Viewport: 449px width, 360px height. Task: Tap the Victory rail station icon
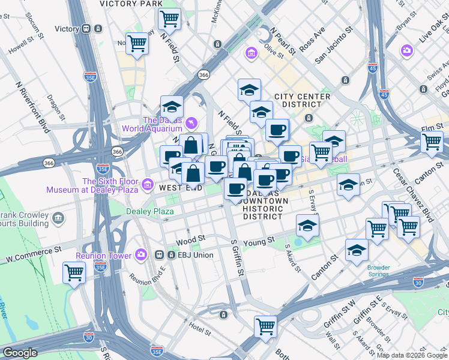click(x=86, y=29)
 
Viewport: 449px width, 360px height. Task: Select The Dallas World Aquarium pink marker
click(x=191, y=123)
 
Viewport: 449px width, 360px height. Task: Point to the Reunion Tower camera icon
click(x=141, y=255)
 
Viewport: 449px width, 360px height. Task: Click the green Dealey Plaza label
click(x=149, y=211)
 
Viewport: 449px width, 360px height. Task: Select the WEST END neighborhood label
click(x=179, y=188)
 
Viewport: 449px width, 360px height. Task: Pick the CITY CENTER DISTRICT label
click(x=303, y=101)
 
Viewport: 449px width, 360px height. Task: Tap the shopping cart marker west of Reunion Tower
click(x=74, y=272)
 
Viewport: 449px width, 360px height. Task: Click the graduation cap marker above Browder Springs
click(x=357, y=250)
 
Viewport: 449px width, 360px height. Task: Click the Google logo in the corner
click(x=19, y=353)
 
